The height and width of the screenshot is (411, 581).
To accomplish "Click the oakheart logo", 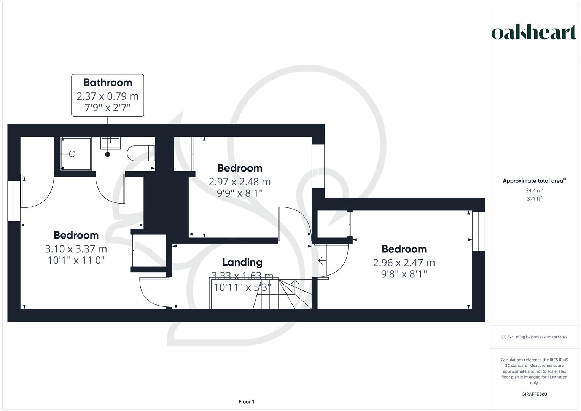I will [x=534, y=32].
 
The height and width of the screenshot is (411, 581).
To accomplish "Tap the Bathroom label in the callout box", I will [x=108, y=83].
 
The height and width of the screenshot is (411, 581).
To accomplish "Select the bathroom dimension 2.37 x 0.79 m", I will [x=108, y=96].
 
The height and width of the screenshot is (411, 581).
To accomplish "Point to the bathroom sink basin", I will [x=110, y=143].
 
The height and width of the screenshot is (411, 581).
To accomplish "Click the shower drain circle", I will [x=72, y=154].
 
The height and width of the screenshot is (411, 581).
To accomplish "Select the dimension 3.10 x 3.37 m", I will [x=76, y=249].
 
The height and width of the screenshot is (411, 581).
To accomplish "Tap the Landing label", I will [x=242, y=262].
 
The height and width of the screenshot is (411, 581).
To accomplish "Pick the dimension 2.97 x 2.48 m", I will [x=240, y=182].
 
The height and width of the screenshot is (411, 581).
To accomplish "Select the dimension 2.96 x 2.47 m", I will [x=404, y=263].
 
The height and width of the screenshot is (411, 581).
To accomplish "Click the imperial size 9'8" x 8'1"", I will [x=404, y=274].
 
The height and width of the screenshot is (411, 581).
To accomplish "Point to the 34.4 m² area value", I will [x=534, y=190].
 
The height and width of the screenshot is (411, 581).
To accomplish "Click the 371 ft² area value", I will [x=534, y=199].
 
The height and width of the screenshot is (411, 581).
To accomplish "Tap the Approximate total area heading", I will [x=534, y=181].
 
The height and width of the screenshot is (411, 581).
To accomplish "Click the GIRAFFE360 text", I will [x=534, y=394].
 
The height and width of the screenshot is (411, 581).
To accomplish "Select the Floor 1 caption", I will [x=246, y=402].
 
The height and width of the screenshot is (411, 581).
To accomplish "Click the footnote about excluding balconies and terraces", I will [x=534, y=337].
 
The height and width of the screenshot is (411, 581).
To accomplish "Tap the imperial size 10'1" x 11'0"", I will [x=76, y=260].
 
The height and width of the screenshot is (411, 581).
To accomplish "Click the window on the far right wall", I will [x=479, y=231].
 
